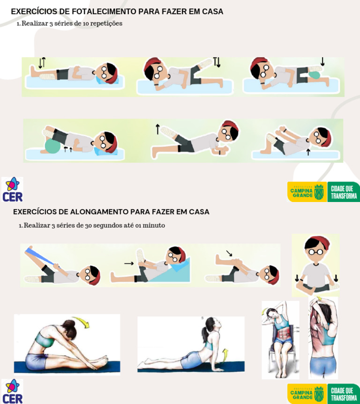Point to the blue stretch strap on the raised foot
[x=39, y=255]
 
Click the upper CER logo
[x=12, y=189]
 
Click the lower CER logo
[x=12, y=391]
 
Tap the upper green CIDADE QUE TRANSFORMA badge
[x=344, y=192]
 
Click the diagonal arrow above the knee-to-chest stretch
[x=229, y=253]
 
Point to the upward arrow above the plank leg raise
[x=157, y=129]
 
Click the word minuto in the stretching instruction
[x=154, y=225]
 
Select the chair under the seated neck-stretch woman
[x=280, y=356]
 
